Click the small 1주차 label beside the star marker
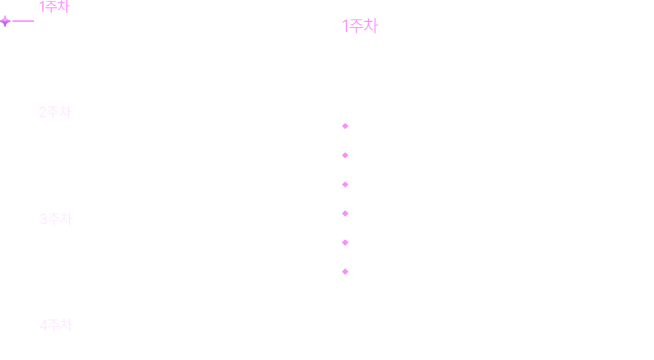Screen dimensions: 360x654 (x=54, y=7)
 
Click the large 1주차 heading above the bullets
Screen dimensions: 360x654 (x=360, y=27)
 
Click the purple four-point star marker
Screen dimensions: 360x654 (x=5, y=21)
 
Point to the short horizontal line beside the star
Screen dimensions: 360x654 (x=23, y=21)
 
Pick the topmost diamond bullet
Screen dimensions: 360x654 (x=345, y=127)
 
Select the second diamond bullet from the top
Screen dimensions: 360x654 (x=345, y=156)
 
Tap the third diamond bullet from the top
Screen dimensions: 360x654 (x=345, y=185)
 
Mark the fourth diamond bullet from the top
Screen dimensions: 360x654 (x=345, y=214)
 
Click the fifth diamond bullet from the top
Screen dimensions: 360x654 (x=345, y=243)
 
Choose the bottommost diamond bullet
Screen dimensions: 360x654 (x=345, y=272)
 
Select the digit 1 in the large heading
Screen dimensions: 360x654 (x=345, y=27)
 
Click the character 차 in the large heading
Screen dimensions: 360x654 (x=371, y=27)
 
